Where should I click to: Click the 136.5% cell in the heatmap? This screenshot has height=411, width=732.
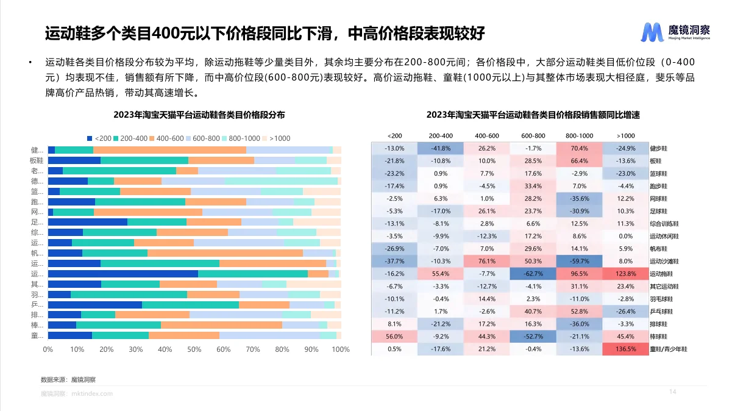pos(625,349)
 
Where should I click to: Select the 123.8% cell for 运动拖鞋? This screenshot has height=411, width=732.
pos(625,274)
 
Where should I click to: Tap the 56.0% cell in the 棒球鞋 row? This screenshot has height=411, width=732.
pos(394,337)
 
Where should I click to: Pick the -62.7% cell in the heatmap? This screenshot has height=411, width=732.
pos(533,274)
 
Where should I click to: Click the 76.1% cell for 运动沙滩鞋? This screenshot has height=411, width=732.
pos(486,261)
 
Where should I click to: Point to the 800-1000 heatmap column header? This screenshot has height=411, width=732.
pos(579,135)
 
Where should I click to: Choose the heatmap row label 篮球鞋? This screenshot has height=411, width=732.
pos(659,173)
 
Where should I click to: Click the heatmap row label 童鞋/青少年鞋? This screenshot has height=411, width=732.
pos(669,349)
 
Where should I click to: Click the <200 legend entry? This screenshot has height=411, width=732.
pos(99,138)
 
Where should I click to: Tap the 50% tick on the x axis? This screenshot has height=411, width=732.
pos(194,350)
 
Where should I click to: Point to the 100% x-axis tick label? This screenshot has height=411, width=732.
pos(340,350)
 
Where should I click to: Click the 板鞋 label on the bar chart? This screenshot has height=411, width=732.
pos(37,160)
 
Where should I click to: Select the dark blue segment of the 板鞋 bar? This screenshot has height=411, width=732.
pos(74,160)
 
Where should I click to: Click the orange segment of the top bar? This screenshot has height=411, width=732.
pos(169,150)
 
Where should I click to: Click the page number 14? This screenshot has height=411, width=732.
pos(673,391)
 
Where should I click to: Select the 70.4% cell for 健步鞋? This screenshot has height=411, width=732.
pos(579,148)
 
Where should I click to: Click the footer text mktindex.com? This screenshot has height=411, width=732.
pos(92,394)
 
